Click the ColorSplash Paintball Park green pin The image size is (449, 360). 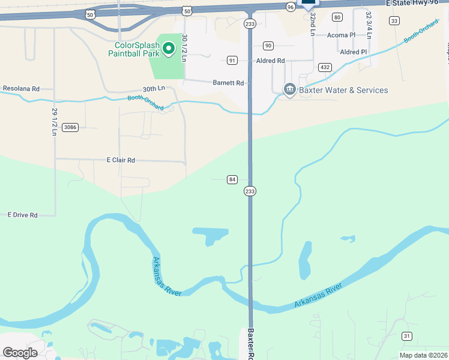(169, 48)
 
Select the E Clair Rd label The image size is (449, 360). (121, 160)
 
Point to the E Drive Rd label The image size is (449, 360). (22, 215)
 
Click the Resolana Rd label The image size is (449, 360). (21, 88)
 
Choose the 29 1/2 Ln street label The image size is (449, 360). (53, 122)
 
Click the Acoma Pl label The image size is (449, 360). (341, 35)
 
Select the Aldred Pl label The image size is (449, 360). (353, 52)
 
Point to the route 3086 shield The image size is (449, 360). (70, 127)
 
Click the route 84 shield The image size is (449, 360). (232, 179)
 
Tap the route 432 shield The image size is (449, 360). (325, 67)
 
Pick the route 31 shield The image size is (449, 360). (407, 336)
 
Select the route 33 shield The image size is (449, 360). (394, 21)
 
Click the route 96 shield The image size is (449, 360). (291, 7)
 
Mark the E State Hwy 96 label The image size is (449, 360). (417, 3)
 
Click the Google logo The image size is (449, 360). (20, 352)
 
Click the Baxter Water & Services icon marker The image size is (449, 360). (290, 90)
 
